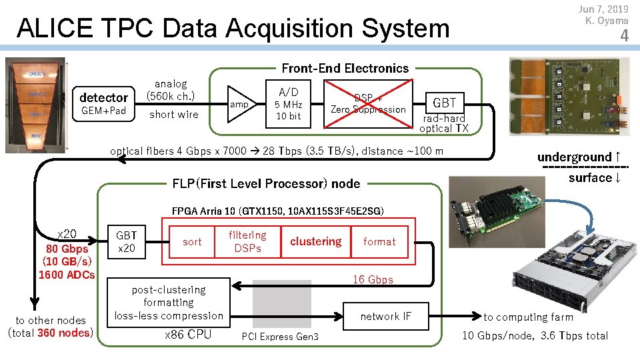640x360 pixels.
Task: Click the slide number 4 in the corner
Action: [624, 37]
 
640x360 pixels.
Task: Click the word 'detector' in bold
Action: [103, 97]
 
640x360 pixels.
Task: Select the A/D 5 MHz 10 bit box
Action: [289, 103]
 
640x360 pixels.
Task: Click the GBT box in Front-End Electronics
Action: [445, 103]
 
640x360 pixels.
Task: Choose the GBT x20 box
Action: [127, 241]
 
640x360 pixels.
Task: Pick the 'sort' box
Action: [192, 241]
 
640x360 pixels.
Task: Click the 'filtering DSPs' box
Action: [247, 241]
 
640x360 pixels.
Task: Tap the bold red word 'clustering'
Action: [315, 241]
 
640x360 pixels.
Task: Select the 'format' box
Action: [379, 241]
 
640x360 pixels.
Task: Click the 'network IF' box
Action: [385, 317]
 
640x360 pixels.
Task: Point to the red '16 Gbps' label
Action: [373, 279]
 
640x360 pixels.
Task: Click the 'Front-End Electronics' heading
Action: [345, 68]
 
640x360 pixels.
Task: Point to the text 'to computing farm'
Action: [528, 317]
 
